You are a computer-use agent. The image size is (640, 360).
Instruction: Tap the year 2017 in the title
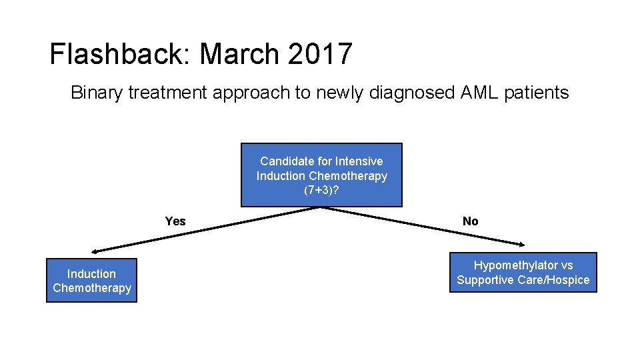click(320, 54)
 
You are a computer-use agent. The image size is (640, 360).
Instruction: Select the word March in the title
click(241, 54)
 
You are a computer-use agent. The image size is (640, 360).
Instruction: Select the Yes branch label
click(175, 221)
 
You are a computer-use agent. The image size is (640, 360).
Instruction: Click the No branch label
click(470, 221)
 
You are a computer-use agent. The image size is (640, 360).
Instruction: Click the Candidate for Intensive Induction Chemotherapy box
click(321, 175)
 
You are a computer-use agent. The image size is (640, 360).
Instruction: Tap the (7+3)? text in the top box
click(321, 190)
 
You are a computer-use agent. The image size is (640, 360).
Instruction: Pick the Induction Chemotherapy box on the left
click(91, 281)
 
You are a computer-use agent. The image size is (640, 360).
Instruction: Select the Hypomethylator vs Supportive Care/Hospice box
click(523, 273)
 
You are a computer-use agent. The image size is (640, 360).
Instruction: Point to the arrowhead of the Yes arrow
click(95, 252)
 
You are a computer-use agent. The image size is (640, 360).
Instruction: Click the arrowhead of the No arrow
click(523, 244)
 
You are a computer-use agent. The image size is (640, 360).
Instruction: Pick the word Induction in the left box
click(91, 273)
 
